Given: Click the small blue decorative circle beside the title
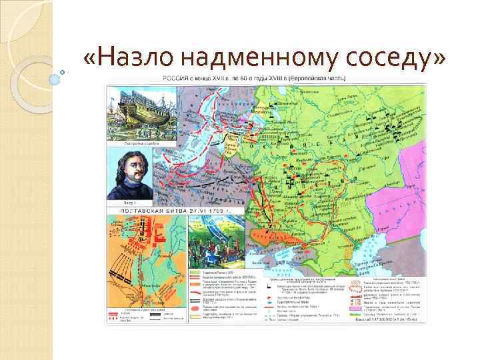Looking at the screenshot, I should [x=63, y=71].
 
